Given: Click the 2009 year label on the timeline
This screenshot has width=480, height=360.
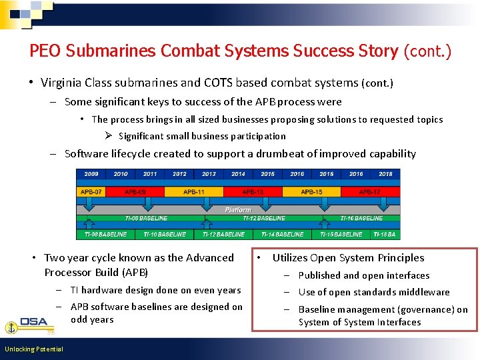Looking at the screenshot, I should (x=91, y=174).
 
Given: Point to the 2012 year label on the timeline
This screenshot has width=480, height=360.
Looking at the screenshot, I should (x=179, y=174).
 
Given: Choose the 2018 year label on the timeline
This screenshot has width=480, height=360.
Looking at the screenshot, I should (x=385, y=174).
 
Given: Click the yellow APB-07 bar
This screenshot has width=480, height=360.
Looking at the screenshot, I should (x=91, y=192).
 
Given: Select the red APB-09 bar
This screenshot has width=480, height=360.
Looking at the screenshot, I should (x=135, y=192).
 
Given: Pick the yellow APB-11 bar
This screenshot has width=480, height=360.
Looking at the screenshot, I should (x=194, y=192).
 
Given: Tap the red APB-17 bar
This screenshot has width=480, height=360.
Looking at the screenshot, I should (x=370, y=192).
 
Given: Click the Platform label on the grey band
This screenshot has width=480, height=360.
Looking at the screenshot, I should (x=238, y=209).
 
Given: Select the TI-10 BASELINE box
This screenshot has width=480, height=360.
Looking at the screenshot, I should (x=165, y=235).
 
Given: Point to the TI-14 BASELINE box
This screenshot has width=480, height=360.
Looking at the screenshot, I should (x=282, y=235).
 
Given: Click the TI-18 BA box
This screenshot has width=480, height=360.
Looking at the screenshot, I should (x=385, y=235).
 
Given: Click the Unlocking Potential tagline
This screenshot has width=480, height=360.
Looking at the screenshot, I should (x=33, y=349).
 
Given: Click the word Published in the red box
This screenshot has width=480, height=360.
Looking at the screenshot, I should (x=319, y=275).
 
